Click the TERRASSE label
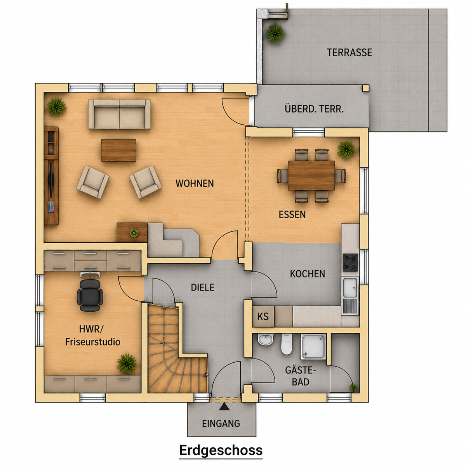[349, 52]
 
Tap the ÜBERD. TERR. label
[314, 109]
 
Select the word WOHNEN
[195, 184]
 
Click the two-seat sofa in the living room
[120, 114]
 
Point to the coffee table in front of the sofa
[118, 150]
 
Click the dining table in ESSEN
[311, 176]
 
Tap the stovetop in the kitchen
[350, 263]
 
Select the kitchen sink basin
[350, 287]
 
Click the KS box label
[263, 316]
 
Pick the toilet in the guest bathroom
[287, 344]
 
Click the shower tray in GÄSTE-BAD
[314, 346]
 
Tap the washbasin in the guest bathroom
[266, 339]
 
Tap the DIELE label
[203, 287]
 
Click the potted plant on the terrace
[275, 33]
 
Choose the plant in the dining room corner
[346, 149]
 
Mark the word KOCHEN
[308, 274]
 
